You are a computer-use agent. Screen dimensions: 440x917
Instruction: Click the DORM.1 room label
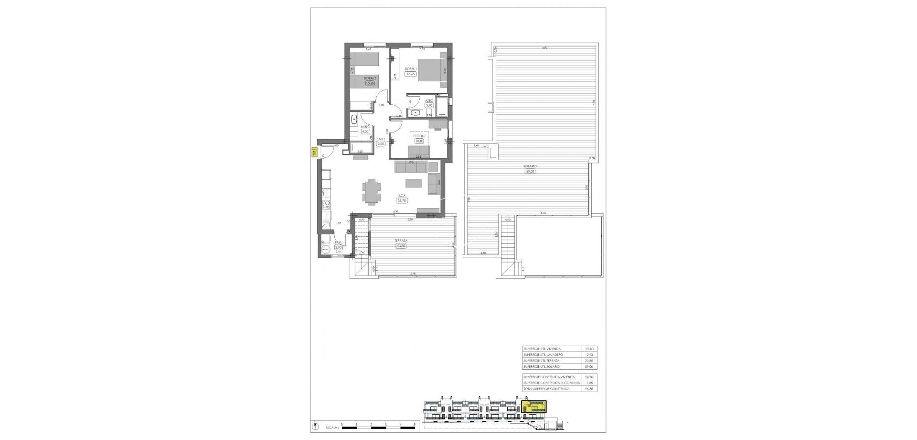pos(411,69)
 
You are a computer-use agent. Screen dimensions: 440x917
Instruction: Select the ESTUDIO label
pos(419,136)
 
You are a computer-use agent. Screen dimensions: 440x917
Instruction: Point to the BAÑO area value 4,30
pos(366,132)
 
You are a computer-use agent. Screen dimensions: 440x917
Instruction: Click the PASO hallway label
pos(381,139)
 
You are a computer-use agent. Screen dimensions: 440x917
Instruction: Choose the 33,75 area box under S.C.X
pos(402,200)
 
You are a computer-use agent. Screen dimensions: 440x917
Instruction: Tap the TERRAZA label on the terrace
pos(401,241)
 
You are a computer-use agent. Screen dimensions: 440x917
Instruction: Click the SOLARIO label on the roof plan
pos(529,166)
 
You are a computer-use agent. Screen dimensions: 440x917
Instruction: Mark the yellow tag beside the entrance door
pos(315,152)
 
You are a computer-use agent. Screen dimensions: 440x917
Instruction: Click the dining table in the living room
pos(371,191)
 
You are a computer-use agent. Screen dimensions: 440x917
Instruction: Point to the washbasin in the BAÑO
pos(354,120)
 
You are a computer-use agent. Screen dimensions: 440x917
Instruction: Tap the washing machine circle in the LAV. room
pos(326,250)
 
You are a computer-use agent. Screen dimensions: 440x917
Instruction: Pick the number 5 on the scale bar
pos(415,424)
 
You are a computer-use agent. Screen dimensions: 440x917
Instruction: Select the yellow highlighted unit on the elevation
pos(535,407)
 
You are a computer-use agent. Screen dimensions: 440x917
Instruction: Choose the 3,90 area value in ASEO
pos(429,105)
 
